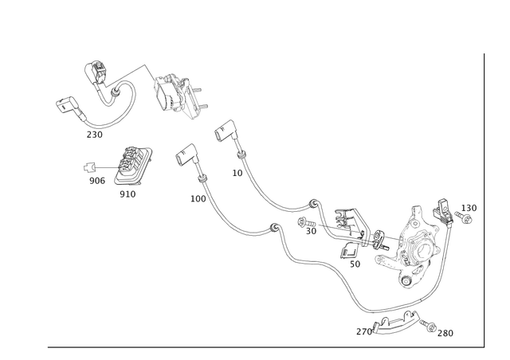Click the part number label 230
click(x=94, y=135)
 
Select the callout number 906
click(x=97, y=181)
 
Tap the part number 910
click(x=127, y=194)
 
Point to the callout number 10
click(x=237, y=173)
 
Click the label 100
click(x=198, y=198)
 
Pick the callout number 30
click(x=311, y=231)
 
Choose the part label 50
click(x=355, y=264)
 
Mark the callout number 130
click(x=469, y=208)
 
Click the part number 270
click(x=364, y=331)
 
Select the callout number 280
click(x=445, y=333)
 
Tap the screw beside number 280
click(x=428, y=326)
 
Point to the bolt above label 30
click(x=306, y=223)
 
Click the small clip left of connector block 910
click(x=88, y=167)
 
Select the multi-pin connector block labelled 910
click(x=133, y=166)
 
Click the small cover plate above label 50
click(x=349, y=250)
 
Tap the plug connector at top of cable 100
click(x=187, y=155)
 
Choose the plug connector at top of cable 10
click(x=226, y=131)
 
